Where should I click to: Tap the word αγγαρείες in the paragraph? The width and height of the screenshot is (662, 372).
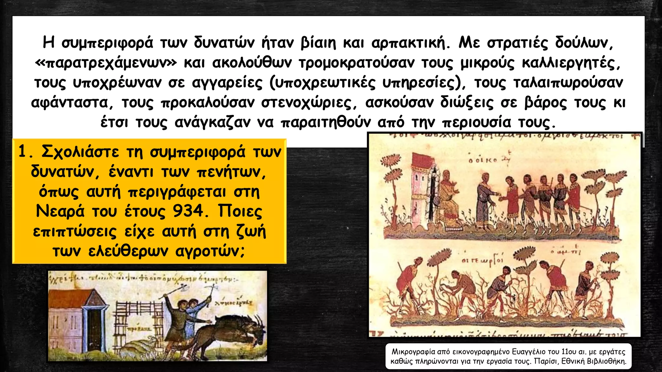[227, 83]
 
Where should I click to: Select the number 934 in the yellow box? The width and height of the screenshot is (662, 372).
[188, 211]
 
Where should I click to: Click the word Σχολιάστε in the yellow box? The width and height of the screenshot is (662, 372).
[80, 152]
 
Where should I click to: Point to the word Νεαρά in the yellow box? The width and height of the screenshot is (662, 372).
[60, 211]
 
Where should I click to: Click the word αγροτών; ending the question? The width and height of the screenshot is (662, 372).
[210, 251]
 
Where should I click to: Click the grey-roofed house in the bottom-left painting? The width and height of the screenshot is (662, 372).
[78, 323]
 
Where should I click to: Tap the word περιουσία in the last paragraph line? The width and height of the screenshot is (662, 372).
[476, 122]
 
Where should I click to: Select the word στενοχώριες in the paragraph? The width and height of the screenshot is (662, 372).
[309, 103]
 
